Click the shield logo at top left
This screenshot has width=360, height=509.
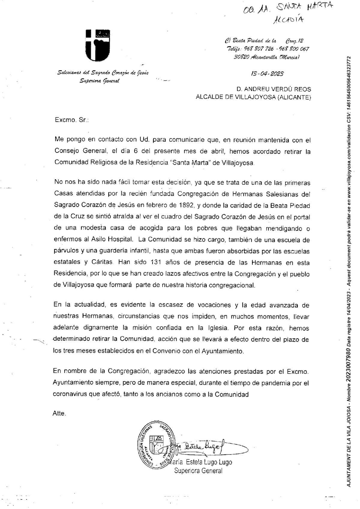97,45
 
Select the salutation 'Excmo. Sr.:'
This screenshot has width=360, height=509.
72,121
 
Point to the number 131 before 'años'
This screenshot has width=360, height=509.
155,263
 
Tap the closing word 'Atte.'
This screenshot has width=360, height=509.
59,413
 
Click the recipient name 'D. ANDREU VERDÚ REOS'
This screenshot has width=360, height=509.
274,89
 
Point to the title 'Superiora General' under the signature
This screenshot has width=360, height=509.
198,471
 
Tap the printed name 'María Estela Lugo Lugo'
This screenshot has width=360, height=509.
200,462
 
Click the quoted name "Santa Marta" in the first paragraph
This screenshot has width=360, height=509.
190,163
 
